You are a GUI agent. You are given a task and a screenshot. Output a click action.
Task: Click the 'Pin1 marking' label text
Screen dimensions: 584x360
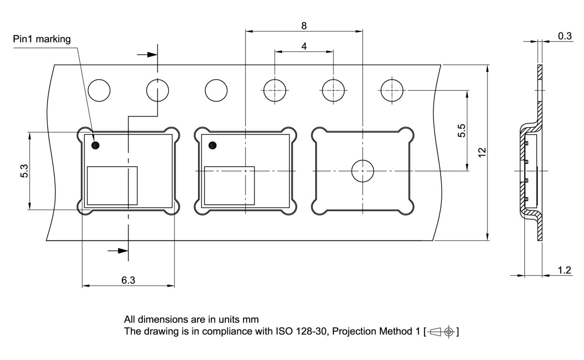[x=42, y=39]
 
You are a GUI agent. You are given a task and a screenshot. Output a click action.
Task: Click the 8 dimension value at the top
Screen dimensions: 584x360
[x=304, y=26]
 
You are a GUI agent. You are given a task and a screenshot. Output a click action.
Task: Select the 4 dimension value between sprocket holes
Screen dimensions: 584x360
[x=304, y=46]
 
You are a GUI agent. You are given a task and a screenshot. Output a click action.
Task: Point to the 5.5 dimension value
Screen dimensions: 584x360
[x=461, y=130]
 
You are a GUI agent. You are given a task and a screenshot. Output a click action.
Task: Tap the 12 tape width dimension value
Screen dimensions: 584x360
[x=482, y=152]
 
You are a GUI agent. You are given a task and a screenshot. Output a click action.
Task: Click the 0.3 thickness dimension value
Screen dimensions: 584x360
[x=565, y=36]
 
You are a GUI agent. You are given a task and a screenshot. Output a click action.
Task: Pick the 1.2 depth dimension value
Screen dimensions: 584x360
[x=564, y=270]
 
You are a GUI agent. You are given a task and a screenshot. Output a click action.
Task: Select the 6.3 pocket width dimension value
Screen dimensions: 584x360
[x=128, y=280]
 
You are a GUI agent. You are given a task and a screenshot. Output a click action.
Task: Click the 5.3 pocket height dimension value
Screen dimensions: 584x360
[x=24, y=171]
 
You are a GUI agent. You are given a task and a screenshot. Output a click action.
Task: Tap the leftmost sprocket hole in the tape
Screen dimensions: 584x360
[x=99, y=90]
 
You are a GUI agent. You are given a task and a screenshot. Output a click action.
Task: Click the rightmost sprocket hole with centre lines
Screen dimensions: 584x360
[x=392, y=90]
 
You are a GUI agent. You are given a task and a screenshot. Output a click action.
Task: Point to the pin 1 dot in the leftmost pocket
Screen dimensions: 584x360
[x=95, y=145]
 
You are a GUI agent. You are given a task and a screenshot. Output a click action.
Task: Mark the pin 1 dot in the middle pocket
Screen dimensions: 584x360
[x=213, y=145]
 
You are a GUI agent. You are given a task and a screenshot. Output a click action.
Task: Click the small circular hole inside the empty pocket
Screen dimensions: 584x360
[x=363, y=171]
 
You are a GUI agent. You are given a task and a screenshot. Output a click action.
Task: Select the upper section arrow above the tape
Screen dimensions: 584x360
[x=147, y=55]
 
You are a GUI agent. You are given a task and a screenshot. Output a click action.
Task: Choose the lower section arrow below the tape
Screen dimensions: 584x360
[x=118, y=251]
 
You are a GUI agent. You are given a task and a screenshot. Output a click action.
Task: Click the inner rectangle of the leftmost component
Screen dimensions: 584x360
[x=112, y=186]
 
